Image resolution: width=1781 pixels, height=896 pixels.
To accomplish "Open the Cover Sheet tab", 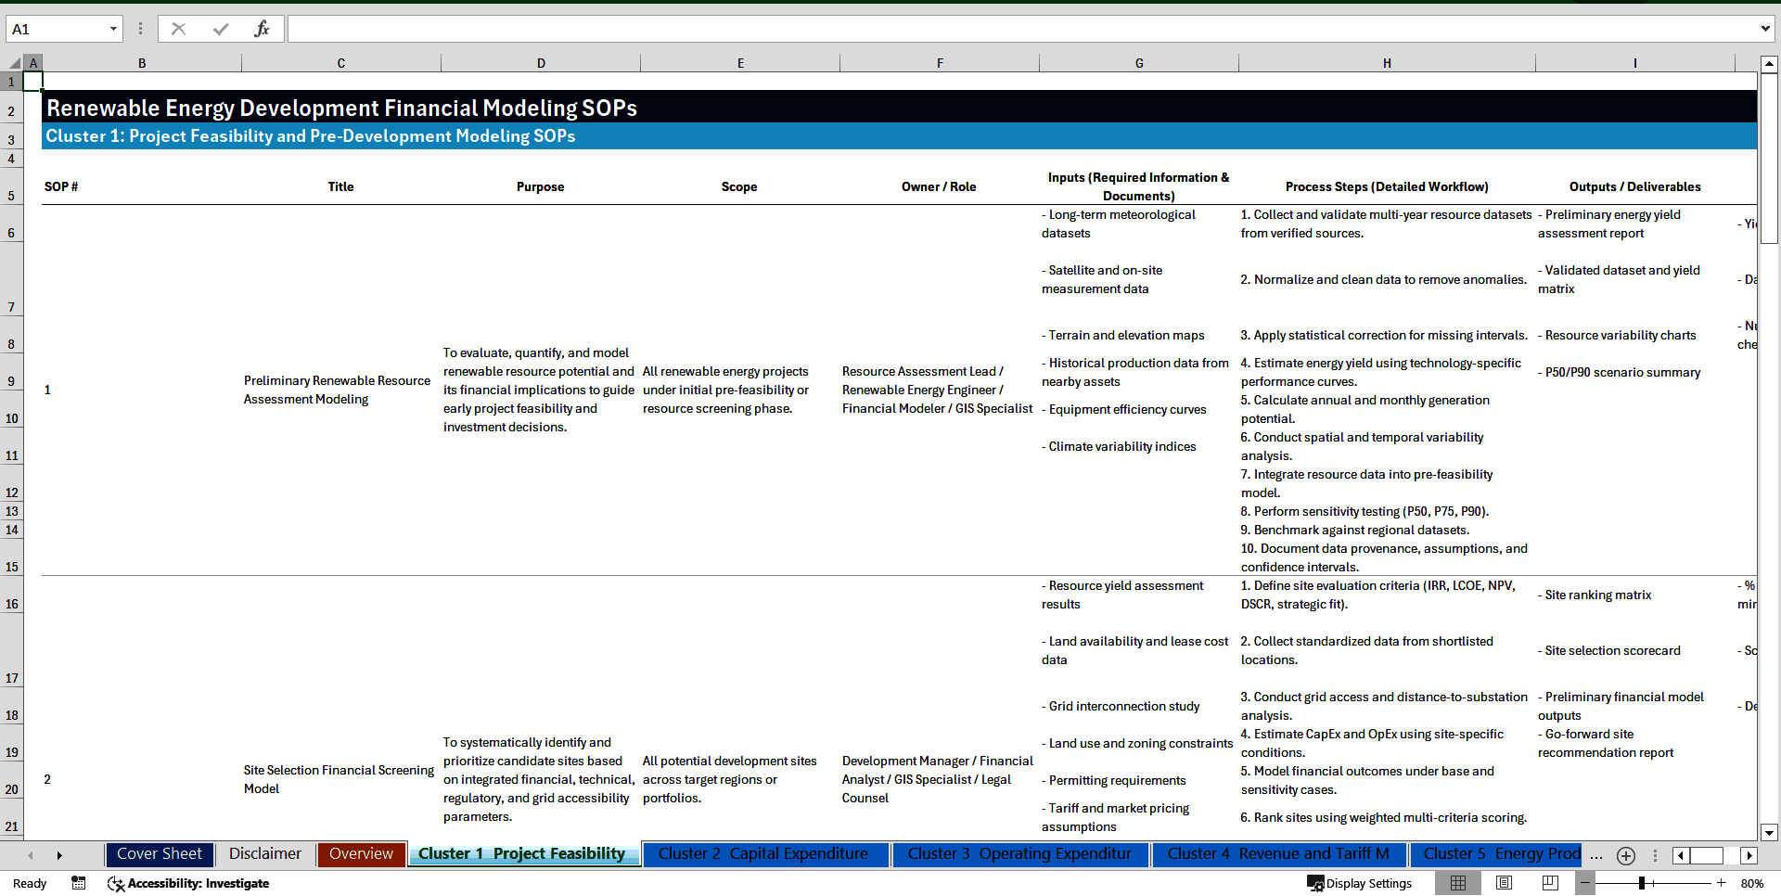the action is [x=159, y=854].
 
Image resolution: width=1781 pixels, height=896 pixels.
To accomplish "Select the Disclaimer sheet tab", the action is [x=264, y=854].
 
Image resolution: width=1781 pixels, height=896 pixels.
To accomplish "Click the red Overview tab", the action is [x=361, y=854].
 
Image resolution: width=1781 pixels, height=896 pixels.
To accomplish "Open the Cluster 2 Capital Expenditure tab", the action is [x=762, y=854].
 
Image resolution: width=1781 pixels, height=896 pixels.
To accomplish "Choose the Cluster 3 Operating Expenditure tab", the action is [x=1019, y=854].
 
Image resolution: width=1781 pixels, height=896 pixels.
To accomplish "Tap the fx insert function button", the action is [x=262, y=29].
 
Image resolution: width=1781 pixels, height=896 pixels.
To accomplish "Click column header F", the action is [x=940, y=63].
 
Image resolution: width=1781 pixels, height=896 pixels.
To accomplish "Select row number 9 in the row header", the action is [x=11, y=381].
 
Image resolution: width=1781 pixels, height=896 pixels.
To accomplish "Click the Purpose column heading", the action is [x=540, y=186].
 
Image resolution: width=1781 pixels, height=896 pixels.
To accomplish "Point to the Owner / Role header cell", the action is [x=938, y=186].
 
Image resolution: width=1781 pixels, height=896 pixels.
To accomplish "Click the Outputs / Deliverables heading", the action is [x=1634, y=186].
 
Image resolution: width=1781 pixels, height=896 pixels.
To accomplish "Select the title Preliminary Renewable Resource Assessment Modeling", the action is [x=337, y=390].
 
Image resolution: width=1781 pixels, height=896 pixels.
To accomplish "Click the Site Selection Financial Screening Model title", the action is [x=339, y=779].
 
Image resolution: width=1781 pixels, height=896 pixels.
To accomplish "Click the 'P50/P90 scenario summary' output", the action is [x=1622, y=372].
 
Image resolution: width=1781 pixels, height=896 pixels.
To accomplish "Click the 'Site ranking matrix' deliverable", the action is [x=1598, y=595].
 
